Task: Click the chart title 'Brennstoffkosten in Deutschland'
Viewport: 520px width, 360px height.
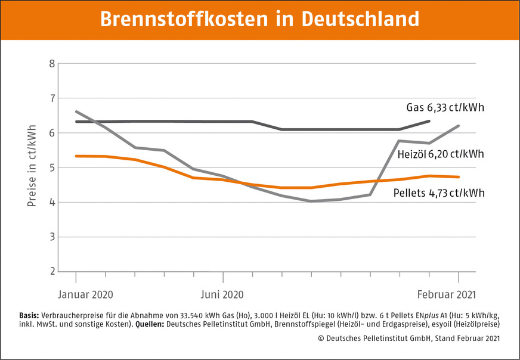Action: tap(259, 19)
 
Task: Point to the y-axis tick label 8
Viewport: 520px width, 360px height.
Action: tap(52, 63)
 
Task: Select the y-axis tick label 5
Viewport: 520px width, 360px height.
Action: tap(52, 167)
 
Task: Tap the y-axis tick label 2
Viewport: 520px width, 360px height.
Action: tap(52, 272)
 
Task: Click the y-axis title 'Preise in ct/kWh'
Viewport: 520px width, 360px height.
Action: tap(32, 166)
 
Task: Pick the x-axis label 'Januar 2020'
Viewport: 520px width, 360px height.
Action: tap(85, 294)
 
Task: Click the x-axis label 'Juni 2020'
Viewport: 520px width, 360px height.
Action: tap(222, 294)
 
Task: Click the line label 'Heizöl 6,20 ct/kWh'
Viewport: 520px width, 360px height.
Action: tap(440, 154)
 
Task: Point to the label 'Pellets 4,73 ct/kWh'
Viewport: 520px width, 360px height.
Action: tap(438, 193)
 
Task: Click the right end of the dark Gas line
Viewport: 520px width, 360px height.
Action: tap(429, 121)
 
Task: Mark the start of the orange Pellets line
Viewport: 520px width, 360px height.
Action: tap(76, 156)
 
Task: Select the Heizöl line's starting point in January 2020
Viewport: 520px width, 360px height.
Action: tap(76, 111)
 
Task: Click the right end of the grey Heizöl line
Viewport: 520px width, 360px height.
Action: tap(459, 126)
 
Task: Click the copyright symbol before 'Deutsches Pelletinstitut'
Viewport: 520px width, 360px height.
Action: tap(348, 339)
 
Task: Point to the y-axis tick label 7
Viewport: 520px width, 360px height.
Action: tap(52, 98)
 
